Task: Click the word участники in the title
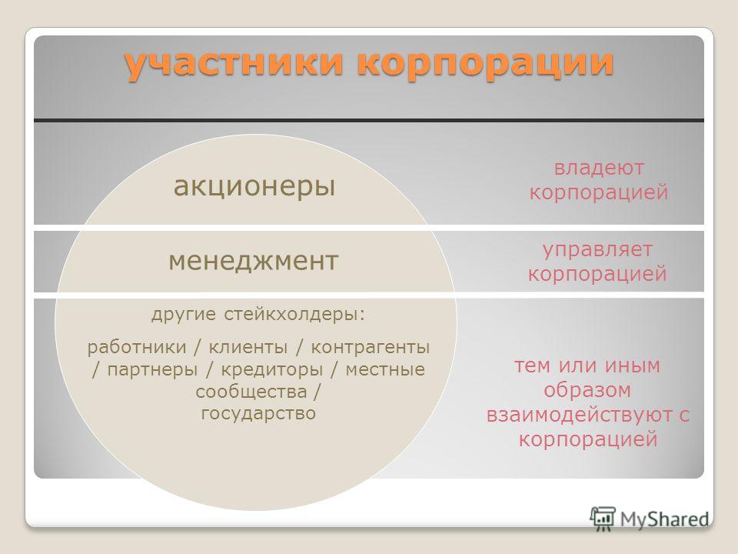click(x=234, y=63)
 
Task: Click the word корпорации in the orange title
click(x=485, y=65)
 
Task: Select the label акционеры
click(x=254, y=186)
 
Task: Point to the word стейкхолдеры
click(x=294, y=314)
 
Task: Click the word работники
click(x=137, y=348)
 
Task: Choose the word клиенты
click(x=248, y=348)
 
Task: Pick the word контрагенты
click(x=371, y=348)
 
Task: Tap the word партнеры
click(x=152, y=370)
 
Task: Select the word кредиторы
click(x=272, y=370)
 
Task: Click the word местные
click(x=385, y=370)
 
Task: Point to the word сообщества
click(x=251, y=392)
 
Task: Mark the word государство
click(x=258, y=414)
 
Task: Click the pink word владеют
click(x=599, y=168)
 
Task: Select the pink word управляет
click(x=598, y=250)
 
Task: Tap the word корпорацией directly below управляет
click(x=598, y=274)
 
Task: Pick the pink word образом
click(x=587, y=391)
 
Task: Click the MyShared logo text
click(x=664, y=519)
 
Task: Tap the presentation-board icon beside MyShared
click(x=603, y=519)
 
